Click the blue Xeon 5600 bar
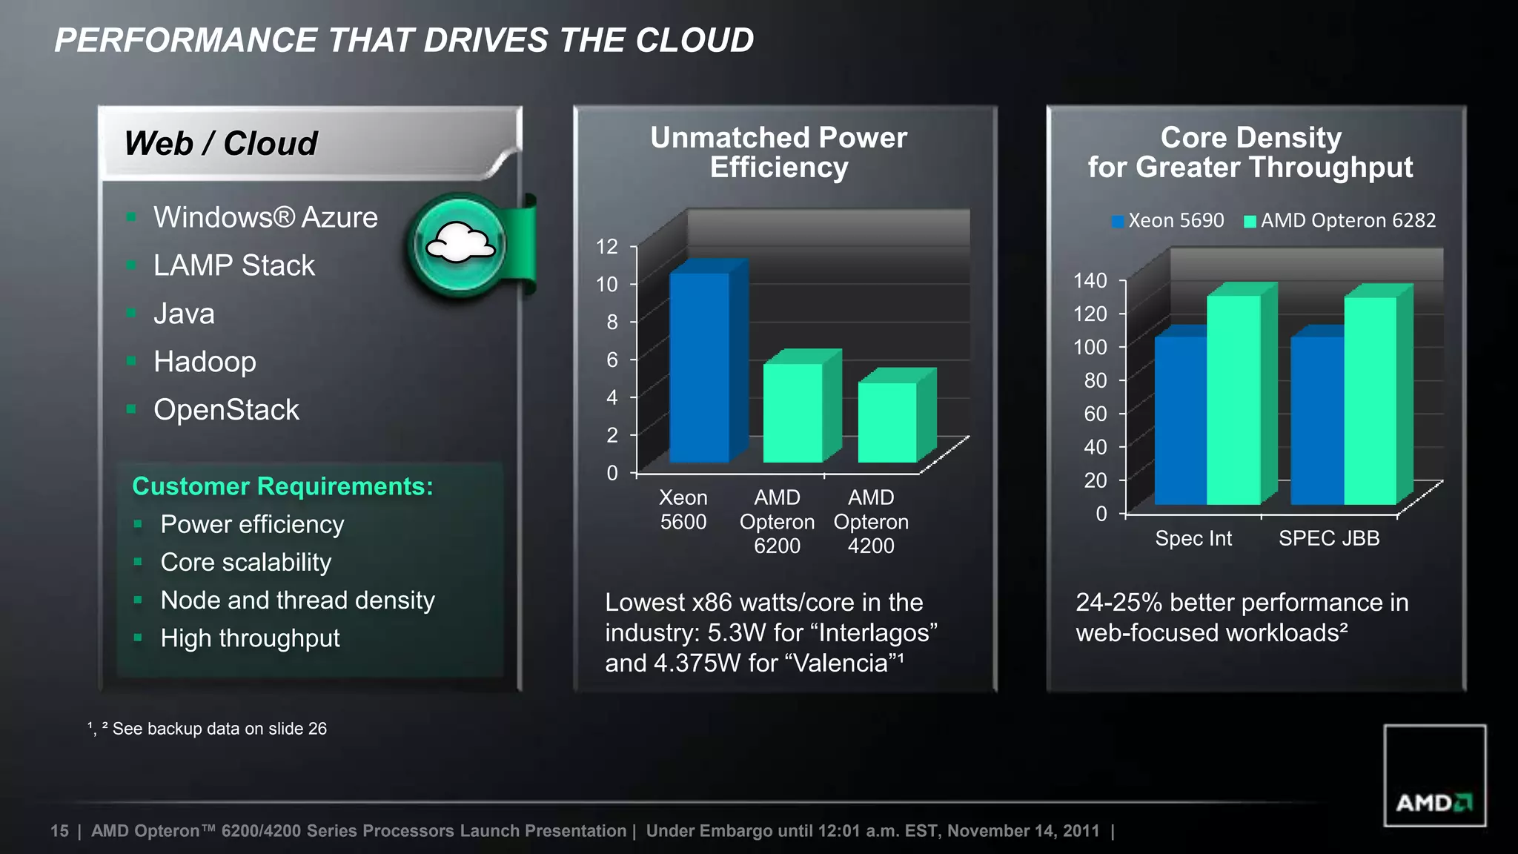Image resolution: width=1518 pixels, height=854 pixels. [x=699, y=367]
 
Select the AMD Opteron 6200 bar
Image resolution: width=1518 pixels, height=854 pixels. [x=792, y=412]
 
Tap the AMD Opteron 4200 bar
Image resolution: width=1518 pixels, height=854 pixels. [x=887, y=422]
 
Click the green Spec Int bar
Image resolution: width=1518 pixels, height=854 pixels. [x=1233, y=400]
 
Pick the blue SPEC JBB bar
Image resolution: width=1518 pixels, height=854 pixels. [x=1317, y=420]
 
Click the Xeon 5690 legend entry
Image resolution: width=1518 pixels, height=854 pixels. [x=1168, y=221]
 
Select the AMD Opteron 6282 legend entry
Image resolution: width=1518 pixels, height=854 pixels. [x=1340, y=221]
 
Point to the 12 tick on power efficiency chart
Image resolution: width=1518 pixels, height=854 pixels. [x=607, y=247]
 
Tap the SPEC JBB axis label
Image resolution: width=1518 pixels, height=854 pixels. [x=1329, y=538]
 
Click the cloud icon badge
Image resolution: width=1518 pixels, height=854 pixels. [x=460, y=245]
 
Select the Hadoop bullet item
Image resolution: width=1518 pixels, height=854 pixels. [x=205, y=362]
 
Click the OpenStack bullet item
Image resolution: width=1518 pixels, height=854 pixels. [x=226, y=410]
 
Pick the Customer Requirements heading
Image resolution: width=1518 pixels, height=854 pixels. [x=282, y=486]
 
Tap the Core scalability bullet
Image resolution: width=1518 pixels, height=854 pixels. [x=245, y=563]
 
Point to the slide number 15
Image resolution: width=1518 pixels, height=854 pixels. [x=59, y=831]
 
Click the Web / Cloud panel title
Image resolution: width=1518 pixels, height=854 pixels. [x=221, y=143]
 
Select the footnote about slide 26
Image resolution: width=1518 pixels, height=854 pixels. [x=208, y=729]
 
